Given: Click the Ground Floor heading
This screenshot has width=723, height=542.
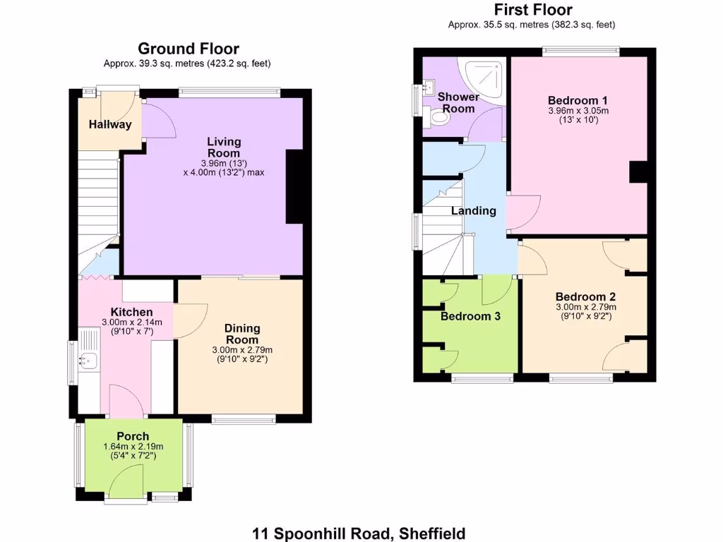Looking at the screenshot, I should (188, 49).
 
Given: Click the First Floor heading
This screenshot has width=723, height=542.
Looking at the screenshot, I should (532, 10).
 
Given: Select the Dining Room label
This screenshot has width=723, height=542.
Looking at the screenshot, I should (242, 334).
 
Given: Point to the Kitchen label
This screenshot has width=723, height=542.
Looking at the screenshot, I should (131, 312).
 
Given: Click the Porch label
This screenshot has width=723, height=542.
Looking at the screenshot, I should (133, 435).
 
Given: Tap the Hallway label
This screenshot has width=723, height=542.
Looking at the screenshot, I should (110, 125).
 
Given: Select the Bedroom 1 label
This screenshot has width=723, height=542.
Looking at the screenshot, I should (578, 100).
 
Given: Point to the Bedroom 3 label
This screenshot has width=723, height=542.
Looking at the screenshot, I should (470, 316).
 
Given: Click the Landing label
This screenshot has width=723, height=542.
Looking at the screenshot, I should (473, 211).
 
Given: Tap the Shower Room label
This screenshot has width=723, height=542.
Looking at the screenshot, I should (458, 102).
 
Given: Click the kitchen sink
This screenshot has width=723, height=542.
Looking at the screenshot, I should (88, 361).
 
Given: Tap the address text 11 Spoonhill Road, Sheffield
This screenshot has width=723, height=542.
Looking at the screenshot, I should (359, 534).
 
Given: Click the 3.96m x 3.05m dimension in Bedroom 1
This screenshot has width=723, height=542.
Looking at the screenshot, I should (578, 111).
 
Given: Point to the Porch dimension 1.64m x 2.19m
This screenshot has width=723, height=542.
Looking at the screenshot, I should (133, 446).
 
